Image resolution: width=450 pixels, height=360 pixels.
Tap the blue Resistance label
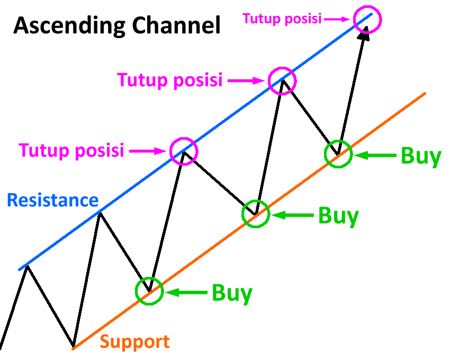pos(52,201)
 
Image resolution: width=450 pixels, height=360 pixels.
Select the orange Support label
pos(135,341)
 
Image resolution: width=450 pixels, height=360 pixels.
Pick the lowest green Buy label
pos(232,293)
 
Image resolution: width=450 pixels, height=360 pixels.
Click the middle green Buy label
pos(338,216)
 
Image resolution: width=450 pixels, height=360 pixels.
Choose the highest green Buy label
pos(421,156)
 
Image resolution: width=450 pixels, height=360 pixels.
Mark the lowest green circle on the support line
pos(150,291)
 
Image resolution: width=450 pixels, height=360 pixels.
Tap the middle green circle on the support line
pos(256,214)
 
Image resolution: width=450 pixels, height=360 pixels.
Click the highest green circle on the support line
pos(338,154)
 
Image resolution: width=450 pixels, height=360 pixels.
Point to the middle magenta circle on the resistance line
pos(282,80)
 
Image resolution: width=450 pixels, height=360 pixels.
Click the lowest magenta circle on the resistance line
pos(184,151)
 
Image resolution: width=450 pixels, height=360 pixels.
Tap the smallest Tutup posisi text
pos(282,19)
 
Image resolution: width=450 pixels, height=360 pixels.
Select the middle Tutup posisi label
pos(169,80)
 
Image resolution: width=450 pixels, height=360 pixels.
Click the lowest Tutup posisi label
pos(71,150)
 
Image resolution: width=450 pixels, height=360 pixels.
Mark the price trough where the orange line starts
pos(73,348)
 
